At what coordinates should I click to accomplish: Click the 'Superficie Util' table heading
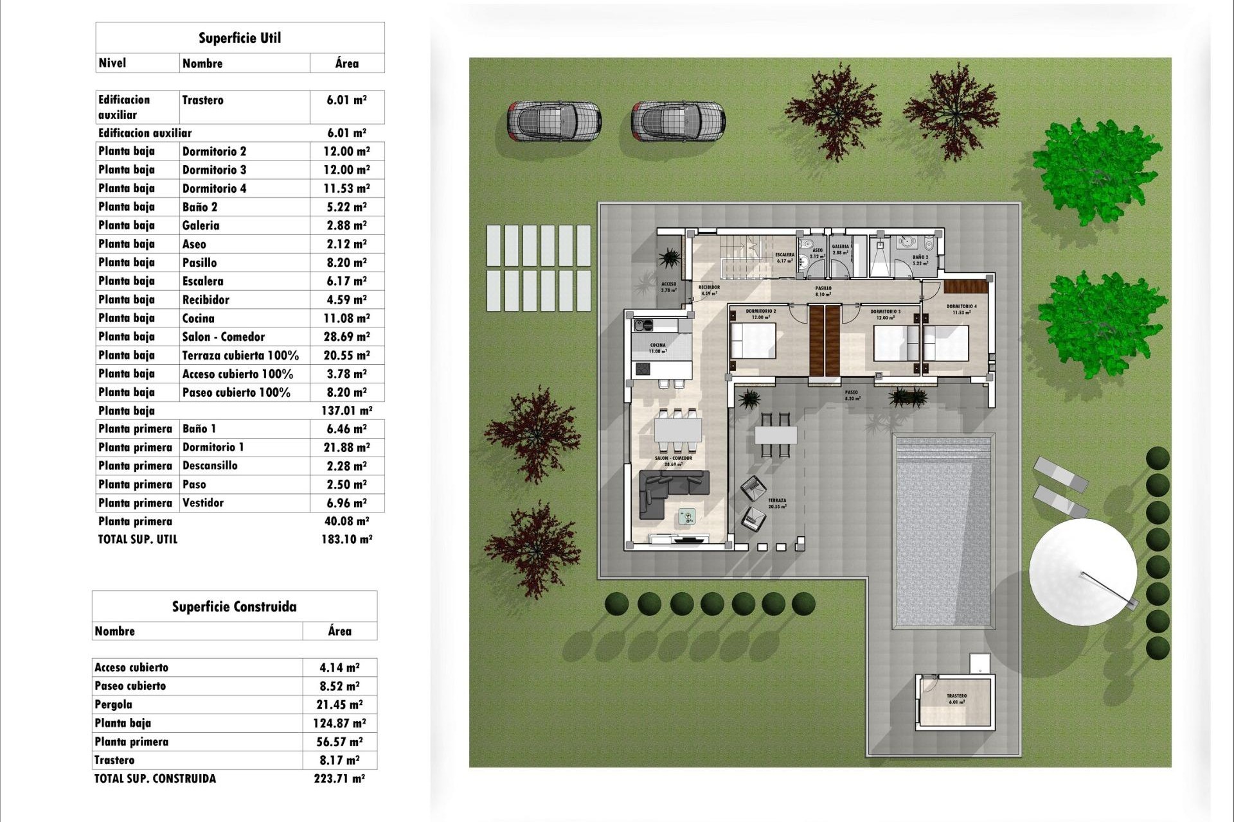(240, 38)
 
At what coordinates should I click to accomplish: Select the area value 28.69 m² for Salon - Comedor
(346, 337)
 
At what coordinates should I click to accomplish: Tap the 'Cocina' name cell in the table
(199, 319)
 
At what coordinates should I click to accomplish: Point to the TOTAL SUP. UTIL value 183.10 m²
(346, 539)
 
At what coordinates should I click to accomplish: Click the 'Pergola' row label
(114, 704)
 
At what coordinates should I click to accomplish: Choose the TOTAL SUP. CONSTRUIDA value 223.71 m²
(339, 778)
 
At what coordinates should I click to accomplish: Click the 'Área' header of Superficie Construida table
(339, 631)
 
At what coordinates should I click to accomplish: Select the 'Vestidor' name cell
(203, 503)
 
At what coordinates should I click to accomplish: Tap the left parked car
(554, 121)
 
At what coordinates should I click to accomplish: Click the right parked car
(678, 121)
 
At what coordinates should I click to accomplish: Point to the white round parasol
(1082, 572)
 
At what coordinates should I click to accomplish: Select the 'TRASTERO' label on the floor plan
(956, 696)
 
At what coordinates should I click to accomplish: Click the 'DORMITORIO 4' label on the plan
(961, 307)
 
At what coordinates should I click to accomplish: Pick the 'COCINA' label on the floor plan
(657, 345)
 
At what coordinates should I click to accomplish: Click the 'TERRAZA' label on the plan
(776, 500)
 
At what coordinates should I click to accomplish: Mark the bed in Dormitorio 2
(753, 340)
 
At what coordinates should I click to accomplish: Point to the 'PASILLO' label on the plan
(823, 288)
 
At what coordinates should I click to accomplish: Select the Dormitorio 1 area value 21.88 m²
(346, 448)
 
